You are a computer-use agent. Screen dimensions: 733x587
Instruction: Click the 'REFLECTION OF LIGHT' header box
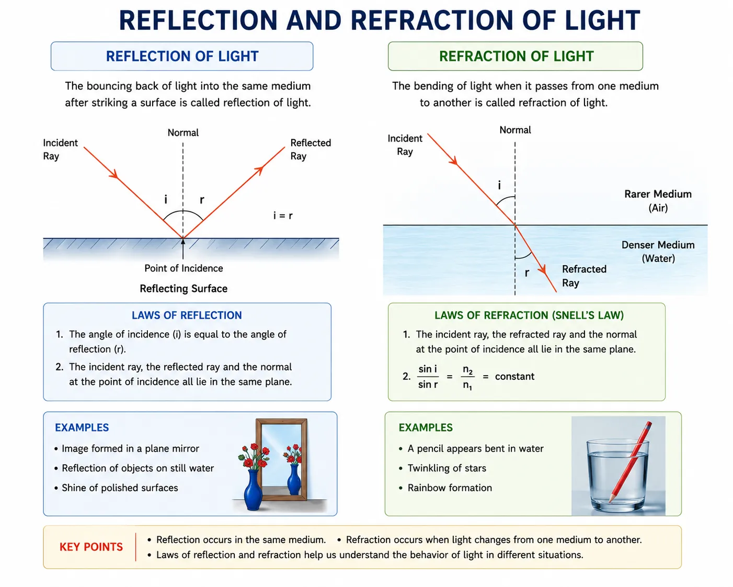[182, 57]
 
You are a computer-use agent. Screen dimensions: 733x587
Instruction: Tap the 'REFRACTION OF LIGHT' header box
[516, 57]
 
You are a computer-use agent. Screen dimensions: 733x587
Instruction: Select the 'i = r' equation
[283, 216]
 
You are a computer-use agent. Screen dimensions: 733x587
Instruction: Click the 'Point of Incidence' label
[184, 268]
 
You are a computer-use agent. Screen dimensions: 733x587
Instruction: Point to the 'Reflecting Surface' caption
[184, 288]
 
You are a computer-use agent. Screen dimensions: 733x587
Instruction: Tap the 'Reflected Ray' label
[311, 149]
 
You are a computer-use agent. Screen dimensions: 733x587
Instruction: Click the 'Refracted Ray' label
[584, 276]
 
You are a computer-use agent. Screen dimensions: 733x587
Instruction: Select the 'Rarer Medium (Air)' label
[658, 201]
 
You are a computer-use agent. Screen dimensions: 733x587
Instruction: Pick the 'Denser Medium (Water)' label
[658, 252]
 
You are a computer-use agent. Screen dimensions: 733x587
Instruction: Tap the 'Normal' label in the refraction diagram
[515, 130]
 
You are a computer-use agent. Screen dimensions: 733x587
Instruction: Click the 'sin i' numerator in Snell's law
[428, 369]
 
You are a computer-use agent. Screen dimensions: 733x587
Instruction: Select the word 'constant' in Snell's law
[514, 376]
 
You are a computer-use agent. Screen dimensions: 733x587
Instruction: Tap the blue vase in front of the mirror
[254, 489]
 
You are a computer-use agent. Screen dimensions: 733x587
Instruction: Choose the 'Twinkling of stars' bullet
[447, 468]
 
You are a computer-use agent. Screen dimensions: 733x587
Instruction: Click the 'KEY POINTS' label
[91, 547]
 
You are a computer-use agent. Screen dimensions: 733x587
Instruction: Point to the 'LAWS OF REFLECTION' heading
[187, 315]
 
